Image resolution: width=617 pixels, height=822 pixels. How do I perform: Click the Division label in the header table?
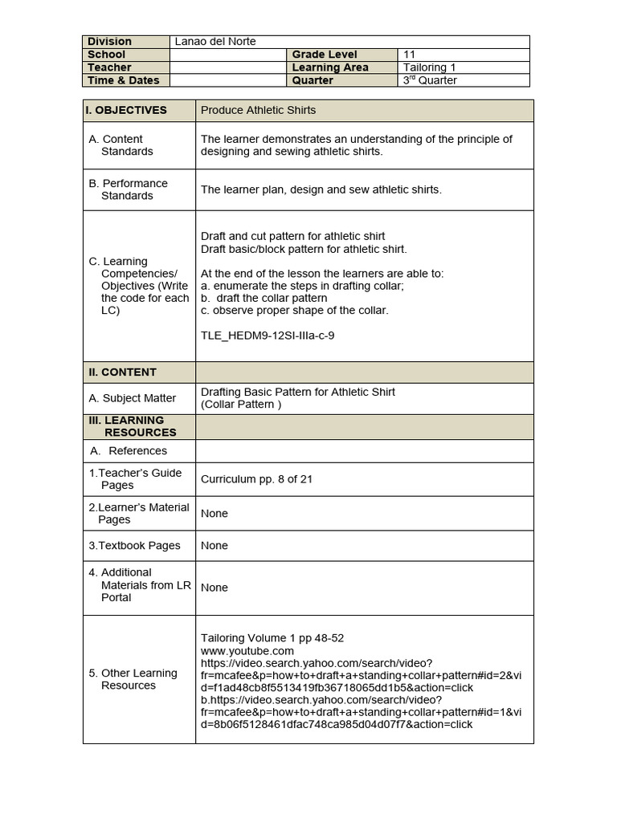tap(109, 42)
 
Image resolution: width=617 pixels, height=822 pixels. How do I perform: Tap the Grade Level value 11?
tap(409, 55)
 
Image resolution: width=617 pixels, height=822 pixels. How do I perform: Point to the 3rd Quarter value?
tap(430, 80)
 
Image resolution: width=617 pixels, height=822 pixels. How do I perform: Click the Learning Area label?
tap(330, 67)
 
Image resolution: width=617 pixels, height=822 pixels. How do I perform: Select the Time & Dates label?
tap(124, 80)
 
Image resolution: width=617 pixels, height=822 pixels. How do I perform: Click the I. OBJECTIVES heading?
tap(128, 110)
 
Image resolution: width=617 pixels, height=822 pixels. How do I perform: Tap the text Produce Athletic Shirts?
tap(258, 110)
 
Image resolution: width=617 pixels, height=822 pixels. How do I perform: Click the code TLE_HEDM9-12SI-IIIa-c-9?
tap(268, 336)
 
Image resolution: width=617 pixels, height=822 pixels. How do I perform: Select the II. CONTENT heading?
tap(122, 372)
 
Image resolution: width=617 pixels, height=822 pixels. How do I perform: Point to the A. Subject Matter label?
tap(132, 398)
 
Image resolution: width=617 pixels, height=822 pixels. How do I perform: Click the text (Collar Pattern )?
tap(241, 405)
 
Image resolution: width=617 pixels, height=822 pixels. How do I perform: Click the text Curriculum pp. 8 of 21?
tap(256, 479)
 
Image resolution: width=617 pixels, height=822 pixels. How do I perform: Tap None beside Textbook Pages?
tap(215, 545)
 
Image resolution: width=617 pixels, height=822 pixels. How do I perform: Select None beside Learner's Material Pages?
tap(215, 513)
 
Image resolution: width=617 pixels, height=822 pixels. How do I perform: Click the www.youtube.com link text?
tap(247, 651)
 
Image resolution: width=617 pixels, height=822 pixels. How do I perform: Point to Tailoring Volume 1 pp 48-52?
tap(272, 638)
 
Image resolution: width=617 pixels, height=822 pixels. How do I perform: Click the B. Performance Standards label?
tap(128, 189)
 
